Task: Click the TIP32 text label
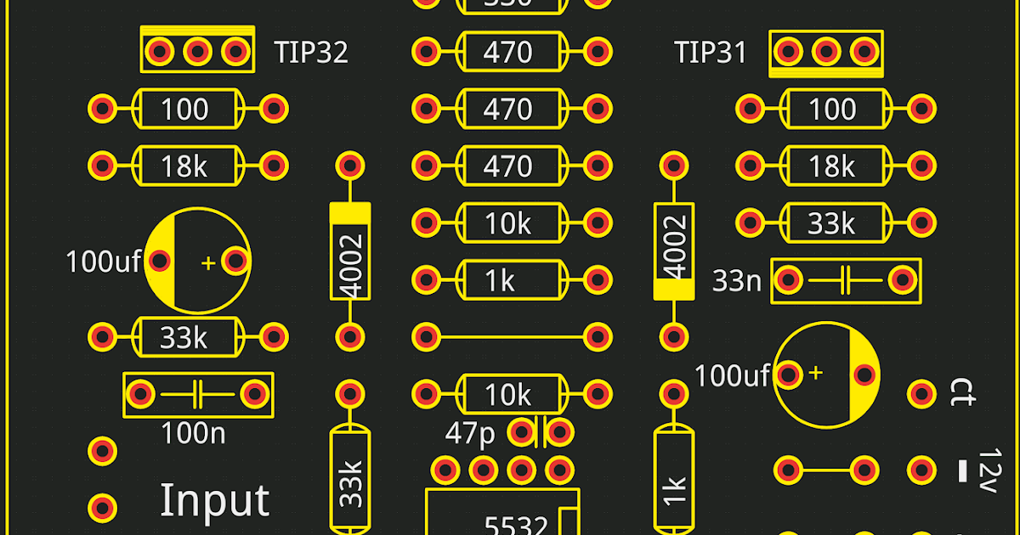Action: [311, 53]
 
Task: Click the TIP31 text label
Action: [710, 53]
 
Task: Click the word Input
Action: [214, 501]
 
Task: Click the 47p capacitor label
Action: [470, 434]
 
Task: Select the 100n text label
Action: [194, 434]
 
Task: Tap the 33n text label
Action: [736, 280]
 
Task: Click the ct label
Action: [963, 393]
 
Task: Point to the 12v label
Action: [986, 470]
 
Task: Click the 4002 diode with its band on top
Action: [350, 252]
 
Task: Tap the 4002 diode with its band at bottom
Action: [674, 252]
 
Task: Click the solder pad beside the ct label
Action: [921, 393]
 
